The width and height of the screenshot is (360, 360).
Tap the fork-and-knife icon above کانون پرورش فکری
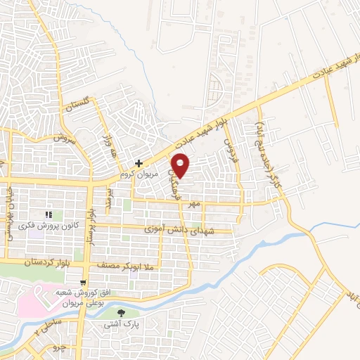(49, 214)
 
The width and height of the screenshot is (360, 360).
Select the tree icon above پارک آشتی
(121, 313)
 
